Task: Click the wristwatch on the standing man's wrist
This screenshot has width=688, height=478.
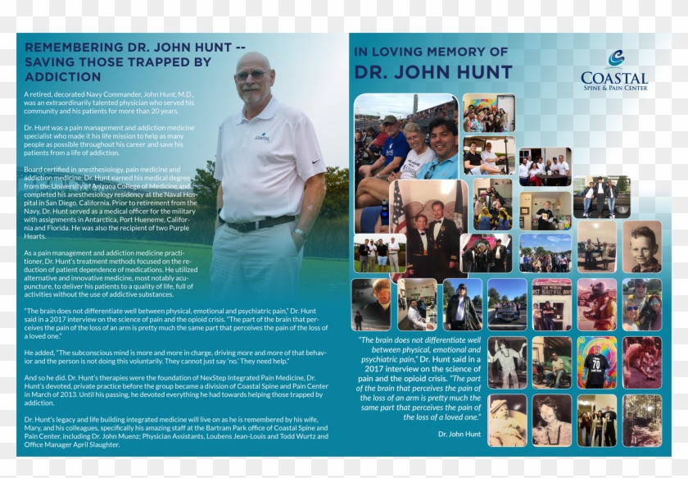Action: coord(300,233)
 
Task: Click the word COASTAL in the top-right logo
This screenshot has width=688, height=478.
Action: coord(614,77)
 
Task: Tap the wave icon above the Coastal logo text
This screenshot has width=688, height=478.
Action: coord(616,57)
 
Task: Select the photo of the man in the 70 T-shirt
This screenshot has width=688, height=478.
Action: coord(596,362)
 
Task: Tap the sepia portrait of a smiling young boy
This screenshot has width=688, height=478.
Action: coord(641,246)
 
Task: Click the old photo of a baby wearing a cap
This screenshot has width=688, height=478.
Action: coord(507,420)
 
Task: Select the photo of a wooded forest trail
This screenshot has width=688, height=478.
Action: coord(641,420)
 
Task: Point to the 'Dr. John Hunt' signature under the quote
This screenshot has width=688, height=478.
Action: coord(459,434)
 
